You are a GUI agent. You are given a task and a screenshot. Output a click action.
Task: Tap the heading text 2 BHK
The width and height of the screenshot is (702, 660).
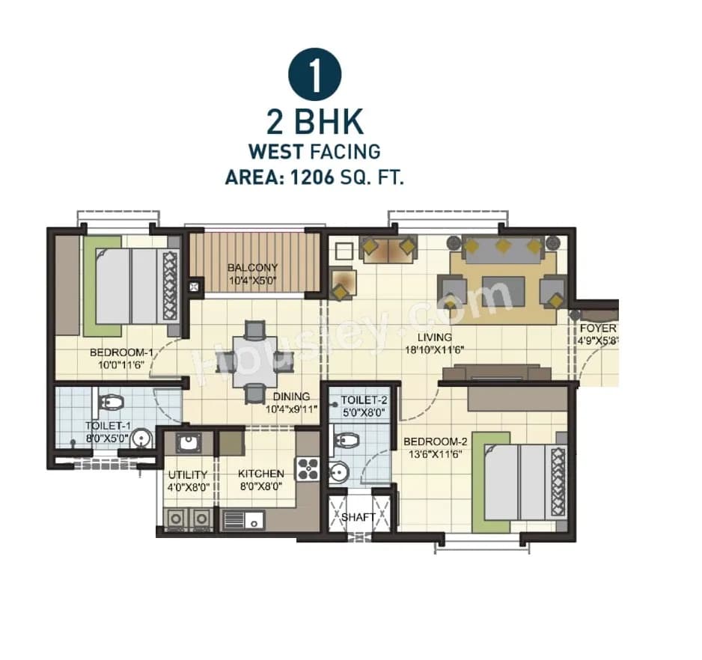[314, 122]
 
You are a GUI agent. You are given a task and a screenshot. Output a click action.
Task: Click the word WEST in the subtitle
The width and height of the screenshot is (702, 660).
[275, 151]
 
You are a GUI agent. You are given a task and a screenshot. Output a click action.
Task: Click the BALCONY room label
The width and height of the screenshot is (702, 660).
[253, 267]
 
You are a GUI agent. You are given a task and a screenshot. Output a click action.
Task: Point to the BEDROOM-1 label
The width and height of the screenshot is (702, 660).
[121, 353]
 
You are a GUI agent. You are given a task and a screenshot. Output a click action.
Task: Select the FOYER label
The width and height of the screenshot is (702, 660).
[597, 329]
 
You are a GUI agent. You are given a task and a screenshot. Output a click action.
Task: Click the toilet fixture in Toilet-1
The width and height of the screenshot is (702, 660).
[111, 403]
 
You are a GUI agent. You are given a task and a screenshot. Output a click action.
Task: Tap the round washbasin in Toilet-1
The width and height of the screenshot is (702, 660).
[138, 439]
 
